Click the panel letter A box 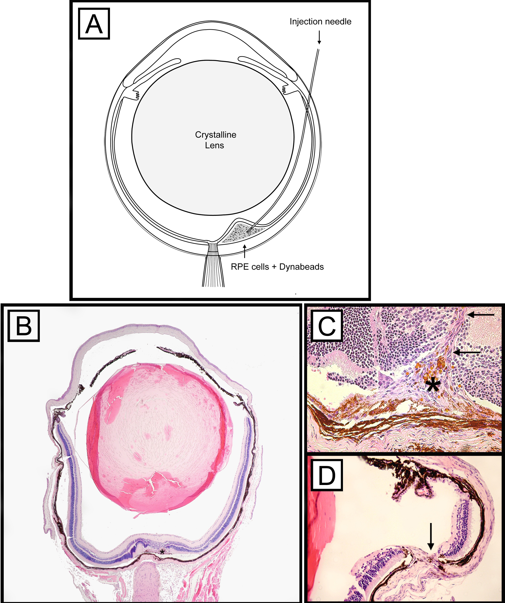pyautogui.click(x=94, y=24)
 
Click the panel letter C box pyautogui.click(x=327, y=326)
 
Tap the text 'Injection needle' pyautogui.click(x=320, y=21)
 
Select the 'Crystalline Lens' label pyautogui.click(x=215, y=140)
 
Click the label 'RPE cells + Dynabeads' pyautogui.click(x=277, y=267)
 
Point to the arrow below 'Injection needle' pyautogui.click(x=319, y=37)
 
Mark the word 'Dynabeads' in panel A pyautogui.click(x=301, y=267)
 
